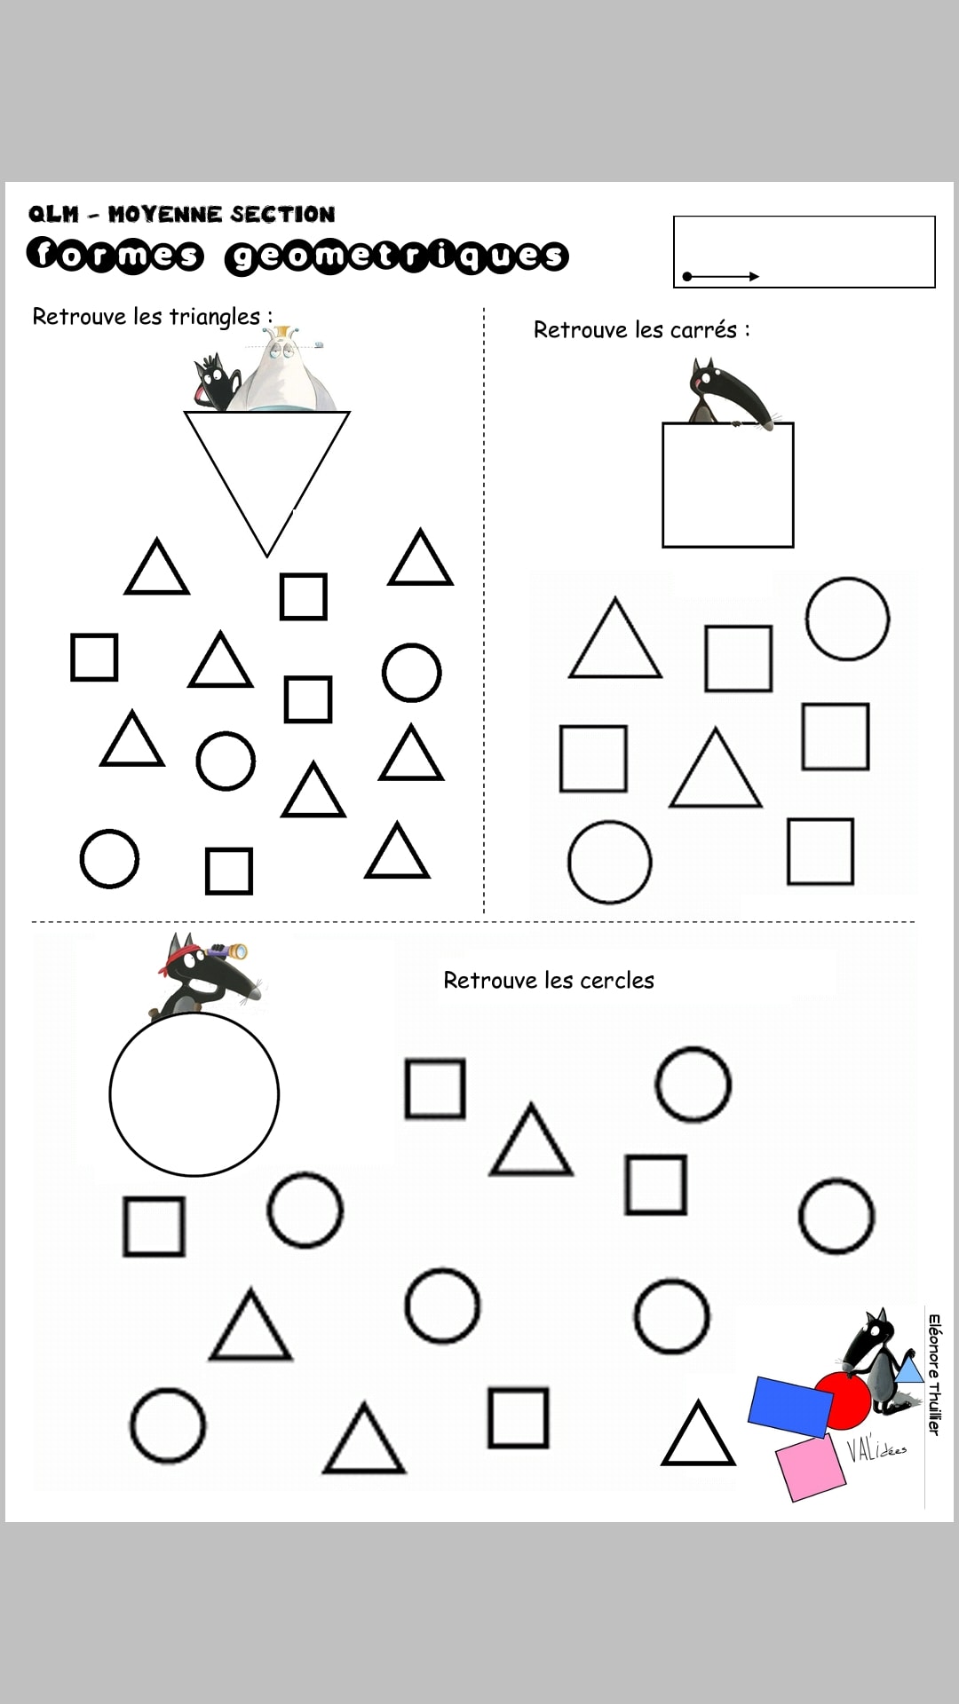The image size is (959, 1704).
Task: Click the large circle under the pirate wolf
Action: point(194,1094)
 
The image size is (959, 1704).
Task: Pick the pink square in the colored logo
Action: point(810,1470)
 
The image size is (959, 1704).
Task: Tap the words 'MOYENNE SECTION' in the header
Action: point(221,214)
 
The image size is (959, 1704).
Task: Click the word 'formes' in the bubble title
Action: point(115,255)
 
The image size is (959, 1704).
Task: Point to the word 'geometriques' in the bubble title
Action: point(396,256)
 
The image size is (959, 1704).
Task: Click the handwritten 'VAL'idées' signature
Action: point(875,1448)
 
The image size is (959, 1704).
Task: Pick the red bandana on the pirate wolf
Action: point(178,960)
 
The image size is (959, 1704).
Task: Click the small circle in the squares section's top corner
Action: point(847,619)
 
